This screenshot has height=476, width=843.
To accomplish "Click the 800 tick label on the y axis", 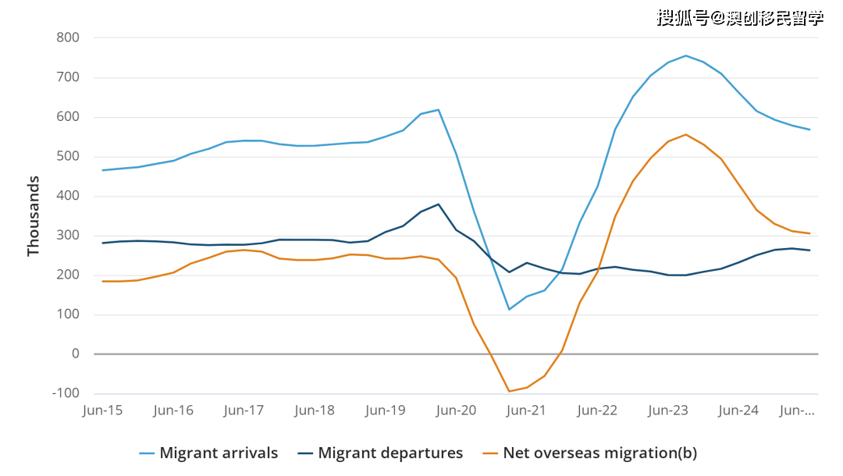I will coord(68,37).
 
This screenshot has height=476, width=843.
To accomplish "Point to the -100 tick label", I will coord(66,393).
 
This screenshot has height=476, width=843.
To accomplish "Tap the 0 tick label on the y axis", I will coord(76,353).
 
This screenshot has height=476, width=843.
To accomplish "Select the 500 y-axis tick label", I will coord(68,156).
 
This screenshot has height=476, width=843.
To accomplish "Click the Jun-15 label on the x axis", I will coord(102,410).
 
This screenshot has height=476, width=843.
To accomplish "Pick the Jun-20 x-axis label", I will coord(457,410).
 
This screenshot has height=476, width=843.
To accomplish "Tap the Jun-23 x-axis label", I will coord(669,410).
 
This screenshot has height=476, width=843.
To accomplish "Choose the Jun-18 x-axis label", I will coord(315,410).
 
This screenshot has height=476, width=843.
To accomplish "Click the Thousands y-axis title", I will coord(34,216).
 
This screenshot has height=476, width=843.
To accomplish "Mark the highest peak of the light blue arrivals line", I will coord(686,55).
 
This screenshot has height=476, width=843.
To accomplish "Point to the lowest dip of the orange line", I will coord(509,391).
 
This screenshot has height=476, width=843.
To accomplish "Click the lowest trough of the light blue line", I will coord(509,309).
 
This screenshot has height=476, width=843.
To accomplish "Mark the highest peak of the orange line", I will coord(686,134).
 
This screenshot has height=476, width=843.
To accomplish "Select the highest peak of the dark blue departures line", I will coord(439,204).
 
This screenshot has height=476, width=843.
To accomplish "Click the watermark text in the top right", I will coord(739,17).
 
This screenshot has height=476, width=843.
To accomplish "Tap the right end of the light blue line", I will coord(810,130).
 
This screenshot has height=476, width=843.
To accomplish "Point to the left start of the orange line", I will coord(102,281).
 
